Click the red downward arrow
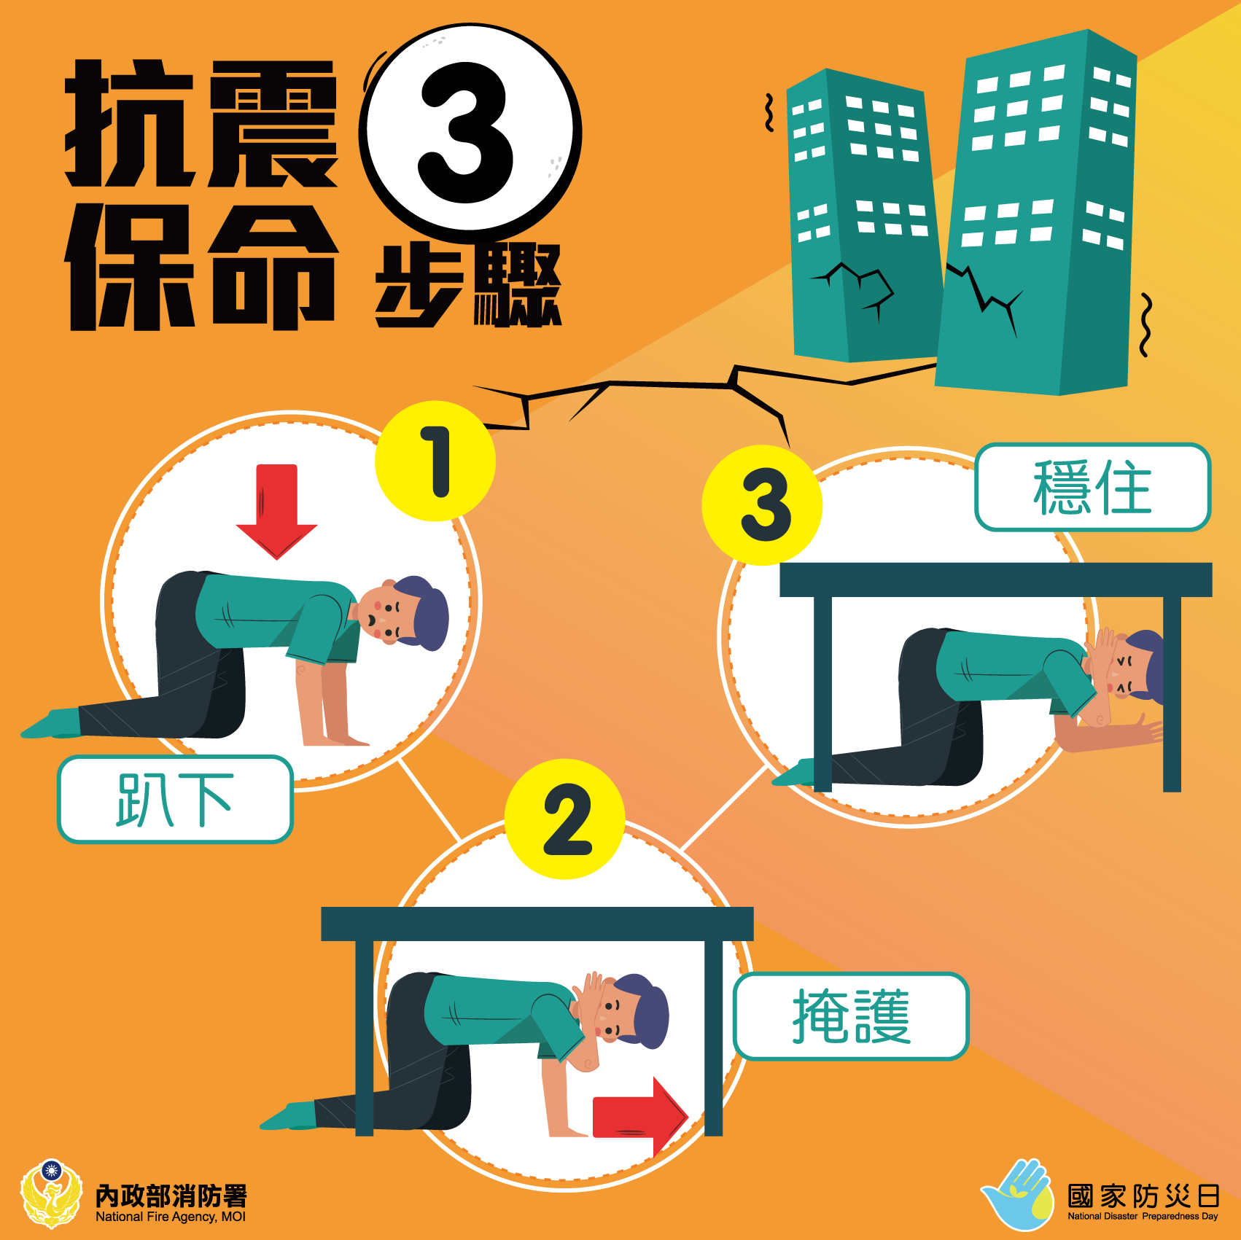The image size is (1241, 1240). (x=277, y=510)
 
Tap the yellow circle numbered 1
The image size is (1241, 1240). (x=435, y=461)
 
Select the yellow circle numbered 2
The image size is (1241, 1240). (x=565, y=819)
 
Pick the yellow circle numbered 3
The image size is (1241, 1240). (x=762, y=505)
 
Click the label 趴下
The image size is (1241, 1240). (x=175, y=800)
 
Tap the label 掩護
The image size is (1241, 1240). (x=851, y=1015)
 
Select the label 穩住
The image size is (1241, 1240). (x=1093, y=487)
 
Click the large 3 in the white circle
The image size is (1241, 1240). (x=467, y=133)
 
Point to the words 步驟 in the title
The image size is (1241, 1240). (x=468, y=285)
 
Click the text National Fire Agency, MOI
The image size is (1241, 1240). (x=171, y=1217)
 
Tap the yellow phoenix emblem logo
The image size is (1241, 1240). (x=51, y=1193)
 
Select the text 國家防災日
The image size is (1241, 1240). (x=1143, y=1196)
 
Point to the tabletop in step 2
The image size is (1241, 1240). (x=537, y=924)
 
